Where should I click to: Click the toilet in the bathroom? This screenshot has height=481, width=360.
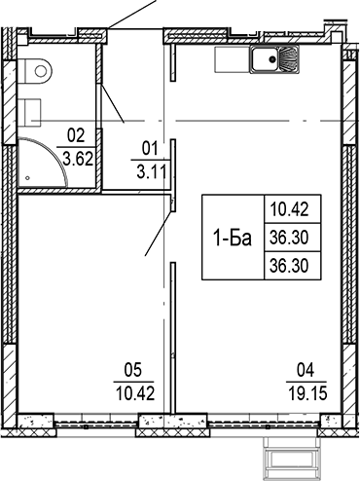point(38,69)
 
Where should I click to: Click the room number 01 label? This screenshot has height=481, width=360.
point(149,149)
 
